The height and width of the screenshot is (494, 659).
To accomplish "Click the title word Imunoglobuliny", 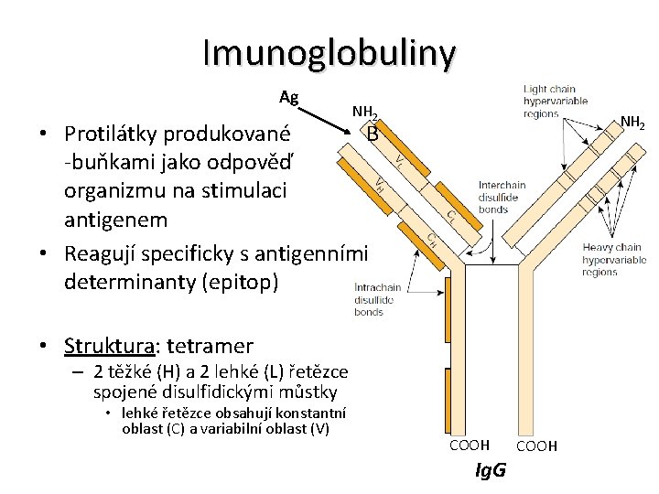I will (x=329, y=53).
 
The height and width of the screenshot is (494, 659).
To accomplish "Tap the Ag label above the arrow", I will (x=289, y=97).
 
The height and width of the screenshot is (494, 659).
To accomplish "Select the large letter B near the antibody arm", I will (x=372, y=134).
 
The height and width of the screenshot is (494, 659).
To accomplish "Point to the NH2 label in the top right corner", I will (x=632, y=122).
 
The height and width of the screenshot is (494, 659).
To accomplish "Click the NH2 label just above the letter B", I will (x=365, y=113).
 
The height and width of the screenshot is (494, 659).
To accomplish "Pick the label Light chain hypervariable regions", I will (x=555, y=102).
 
